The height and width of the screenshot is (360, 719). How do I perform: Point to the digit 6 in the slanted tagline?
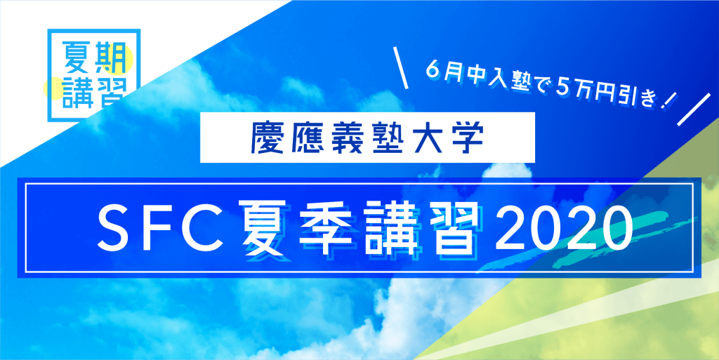click(x=432, y=72)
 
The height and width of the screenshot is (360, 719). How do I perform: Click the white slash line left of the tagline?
click(x=401, y=68)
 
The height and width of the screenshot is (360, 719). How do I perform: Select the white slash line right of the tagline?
click(x=693, y=111)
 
